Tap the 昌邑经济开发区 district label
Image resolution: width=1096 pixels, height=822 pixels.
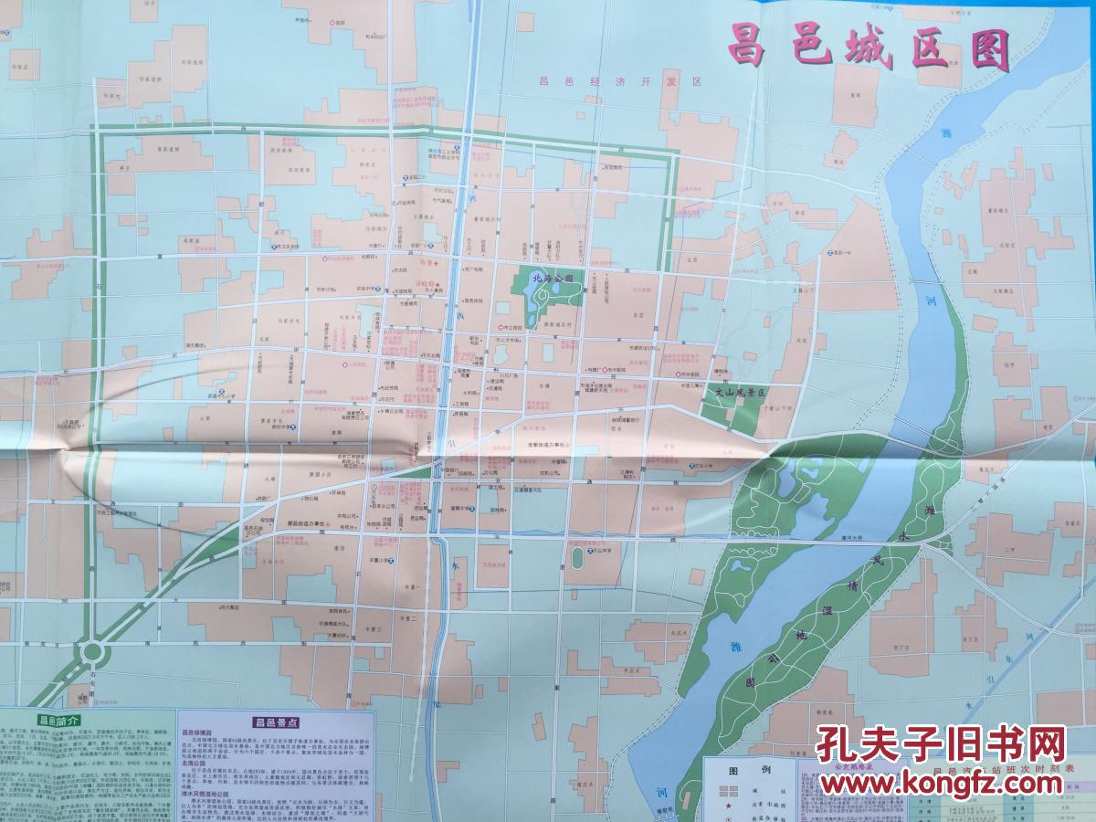[617, 82]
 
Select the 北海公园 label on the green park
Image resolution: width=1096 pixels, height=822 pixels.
[552, 276]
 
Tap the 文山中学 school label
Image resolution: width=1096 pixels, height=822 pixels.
[604, 551]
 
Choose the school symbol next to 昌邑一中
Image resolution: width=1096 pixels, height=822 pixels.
[827, 252]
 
